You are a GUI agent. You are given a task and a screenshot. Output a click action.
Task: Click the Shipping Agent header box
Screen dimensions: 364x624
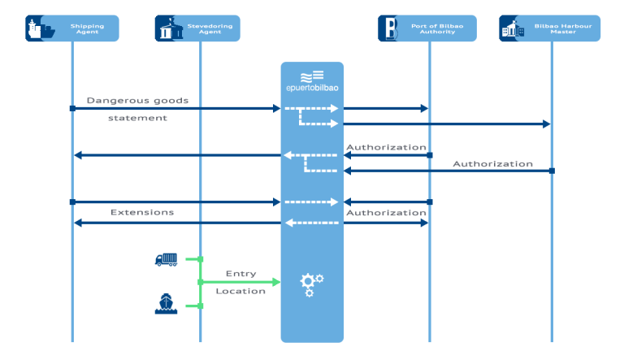pyautogui.click(x=72, y=28)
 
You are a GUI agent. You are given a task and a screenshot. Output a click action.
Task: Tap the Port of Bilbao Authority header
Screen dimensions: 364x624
pyautogui.click(x=429, y=28)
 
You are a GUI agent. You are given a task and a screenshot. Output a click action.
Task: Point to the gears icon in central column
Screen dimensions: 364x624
pyautogui.click(x=311, y=284)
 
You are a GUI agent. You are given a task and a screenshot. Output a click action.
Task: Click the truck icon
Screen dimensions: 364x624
pyautogui.click(x=167, y=259)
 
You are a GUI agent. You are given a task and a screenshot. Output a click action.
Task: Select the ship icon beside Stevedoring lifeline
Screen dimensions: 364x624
pyautogui.click(x=166, y=304)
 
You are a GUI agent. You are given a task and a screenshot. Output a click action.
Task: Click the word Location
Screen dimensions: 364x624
pyautogui.click(x=240, y=291)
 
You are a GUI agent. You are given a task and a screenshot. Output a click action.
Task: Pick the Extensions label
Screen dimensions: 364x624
pyautogui.click(x=142, y=212)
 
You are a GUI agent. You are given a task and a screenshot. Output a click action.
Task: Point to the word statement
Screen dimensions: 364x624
pyautogui.click(x=138, y=118)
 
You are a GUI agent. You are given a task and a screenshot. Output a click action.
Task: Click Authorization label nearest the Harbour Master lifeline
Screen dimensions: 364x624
pyautogui.click(x=492, y=163)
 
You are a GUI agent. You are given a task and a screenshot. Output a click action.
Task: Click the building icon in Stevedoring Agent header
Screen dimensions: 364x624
pyautogui.click(x=167, y=29)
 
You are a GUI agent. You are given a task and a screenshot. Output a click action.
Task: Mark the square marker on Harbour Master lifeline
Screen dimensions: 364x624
pyautogui.click(x=552, y=171)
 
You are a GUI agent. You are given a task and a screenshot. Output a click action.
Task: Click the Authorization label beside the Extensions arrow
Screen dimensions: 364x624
pyautogui.click(x=386, y=213)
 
